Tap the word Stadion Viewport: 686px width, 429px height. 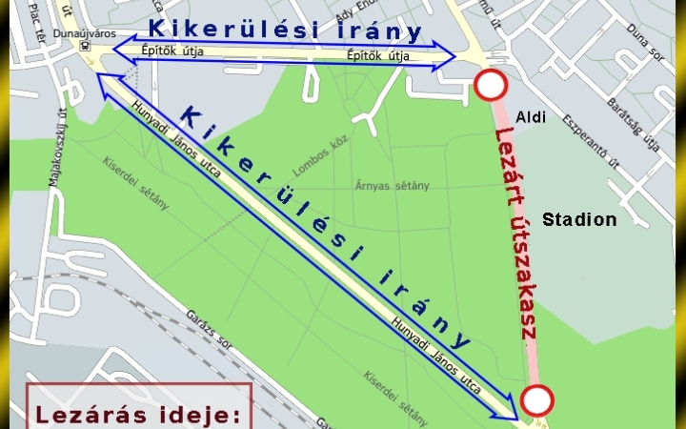point(579,220)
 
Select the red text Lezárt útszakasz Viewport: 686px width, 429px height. point(517,234)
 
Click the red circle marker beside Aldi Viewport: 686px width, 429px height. point(491,86)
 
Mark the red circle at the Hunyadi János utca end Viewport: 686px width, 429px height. point(536,400)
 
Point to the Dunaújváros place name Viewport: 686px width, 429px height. point(85,33)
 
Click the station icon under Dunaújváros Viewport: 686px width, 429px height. point(86,45)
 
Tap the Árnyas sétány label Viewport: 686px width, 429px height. point(392,184)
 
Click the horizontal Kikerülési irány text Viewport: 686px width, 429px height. point(284,30)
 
